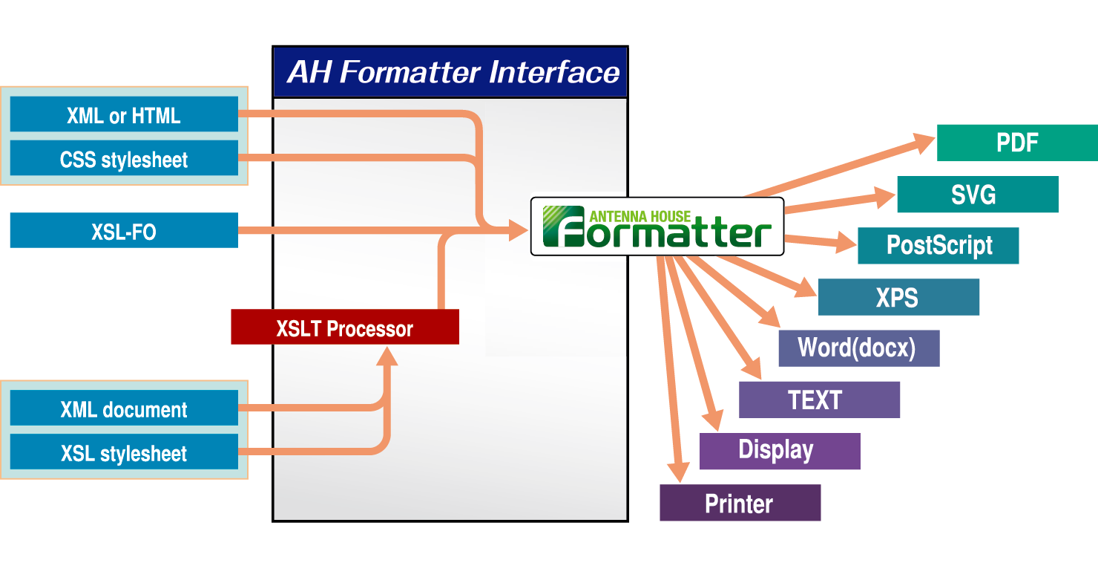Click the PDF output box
[1016, 143]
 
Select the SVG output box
[977, 195]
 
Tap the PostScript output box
[938, 246]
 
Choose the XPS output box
[898, 297]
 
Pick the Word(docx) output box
[858, 348]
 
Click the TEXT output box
[819, 400]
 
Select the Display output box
[779, 451]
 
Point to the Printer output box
[740, 503]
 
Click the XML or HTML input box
[124, 114]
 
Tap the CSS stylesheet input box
[124, 158]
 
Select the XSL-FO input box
[124, 230]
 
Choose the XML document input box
[124, 408]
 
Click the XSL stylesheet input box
[124, 452]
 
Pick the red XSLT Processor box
[345, 328]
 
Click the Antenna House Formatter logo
[657, 227]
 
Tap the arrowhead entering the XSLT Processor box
[385, 356]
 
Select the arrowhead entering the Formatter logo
[519, 230]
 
